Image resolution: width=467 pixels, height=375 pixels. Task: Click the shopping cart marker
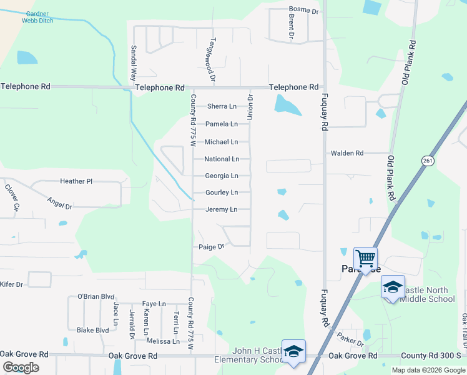coord(365,257)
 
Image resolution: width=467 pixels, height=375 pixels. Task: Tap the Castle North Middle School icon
coord(393,287)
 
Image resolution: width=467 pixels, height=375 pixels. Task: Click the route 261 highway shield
coord(426,161)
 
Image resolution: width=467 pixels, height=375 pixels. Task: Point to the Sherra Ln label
coord(222,106)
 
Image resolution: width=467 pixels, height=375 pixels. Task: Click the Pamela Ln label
coord(222,124)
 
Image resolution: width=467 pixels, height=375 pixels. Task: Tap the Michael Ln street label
coord(221,142)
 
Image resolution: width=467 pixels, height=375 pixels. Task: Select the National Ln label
coord(222,159)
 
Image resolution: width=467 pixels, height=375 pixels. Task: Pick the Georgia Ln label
coord(222,176)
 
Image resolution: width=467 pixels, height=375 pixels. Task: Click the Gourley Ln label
coord(222,192)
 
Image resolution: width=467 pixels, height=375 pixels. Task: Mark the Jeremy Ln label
coord(221,209)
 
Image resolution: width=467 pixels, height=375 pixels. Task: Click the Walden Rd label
coord(347,153)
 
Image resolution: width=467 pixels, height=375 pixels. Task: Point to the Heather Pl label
coord(76,181)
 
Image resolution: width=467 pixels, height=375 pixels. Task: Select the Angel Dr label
coord(60,202)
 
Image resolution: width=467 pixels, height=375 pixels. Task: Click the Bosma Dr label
coord(304,11)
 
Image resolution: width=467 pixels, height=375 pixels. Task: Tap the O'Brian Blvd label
coord(96,296)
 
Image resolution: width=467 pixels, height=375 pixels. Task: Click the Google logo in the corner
coord(21,367)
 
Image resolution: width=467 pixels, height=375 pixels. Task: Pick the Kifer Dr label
coord(11,284)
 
